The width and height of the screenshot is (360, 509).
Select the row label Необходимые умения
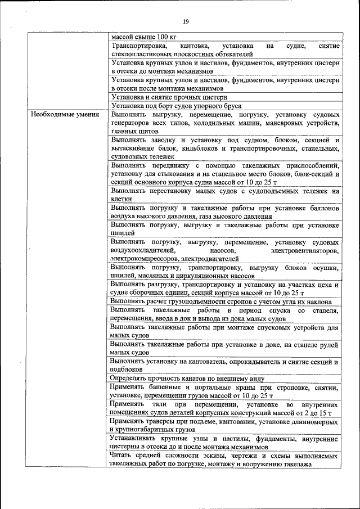pyautogui.click(x=66, y=115)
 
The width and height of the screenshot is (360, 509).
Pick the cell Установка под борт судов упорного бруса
pyautogui.click(x=176, y=106)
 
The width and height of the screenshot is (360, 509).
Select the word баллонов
pyautogui.click(x=322, y=208)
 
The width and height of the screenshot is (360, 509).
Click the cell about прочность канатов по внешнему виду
pyautogui.click(x=181, y=379)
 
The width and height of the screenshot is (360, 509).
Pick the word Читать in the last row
pyautogui.click(x=123, y=456)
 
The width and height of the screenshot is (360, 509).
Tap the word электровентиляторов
pyautogui.click(x=305, y=250)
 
